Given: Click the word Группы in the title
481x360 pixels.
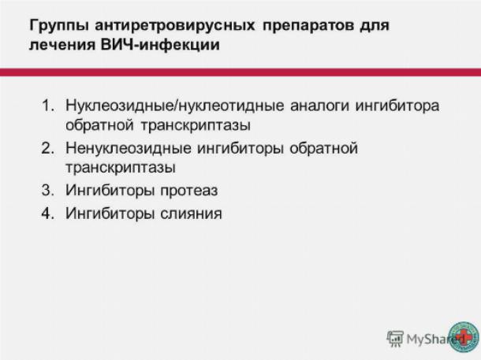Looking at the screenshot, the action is tap(59, 26).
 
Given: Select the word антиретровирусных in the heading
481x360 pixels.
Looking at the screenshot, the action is tap(175, 26).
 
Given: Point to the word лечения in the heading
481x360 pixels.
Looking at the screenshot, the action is tap(62, 45).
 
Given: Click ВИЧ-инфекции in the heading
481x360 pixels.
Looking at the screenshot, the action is tap(160, 45).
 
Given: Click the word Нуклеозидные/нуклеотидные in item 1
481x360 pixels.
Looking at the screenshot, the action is tap(175, 106).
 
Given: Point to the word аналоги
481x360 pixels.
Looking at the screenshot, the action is tap(319, 106).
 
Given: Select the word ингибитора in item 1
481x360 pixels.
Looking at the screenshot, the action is tap(397, 106).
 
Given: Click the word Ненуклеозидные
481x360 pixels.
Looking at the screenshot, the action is tap(129, 149).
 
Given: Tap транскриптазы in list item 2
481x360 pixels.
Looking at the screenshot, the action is tap(121, 168).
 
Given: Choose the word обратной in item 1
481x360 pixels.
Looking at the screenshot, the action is tap(99, 125).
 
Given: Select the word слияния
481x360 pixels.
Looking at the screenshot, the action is tap(191, 213).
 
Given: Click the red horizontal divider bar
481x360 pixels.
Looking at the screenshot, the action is tap(240, 72).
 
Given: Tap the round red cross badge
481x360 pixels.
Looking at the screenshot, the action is tap(464, 337).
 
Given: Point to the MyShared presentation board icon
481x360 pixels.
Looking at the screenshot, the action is tap(395, 339).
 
